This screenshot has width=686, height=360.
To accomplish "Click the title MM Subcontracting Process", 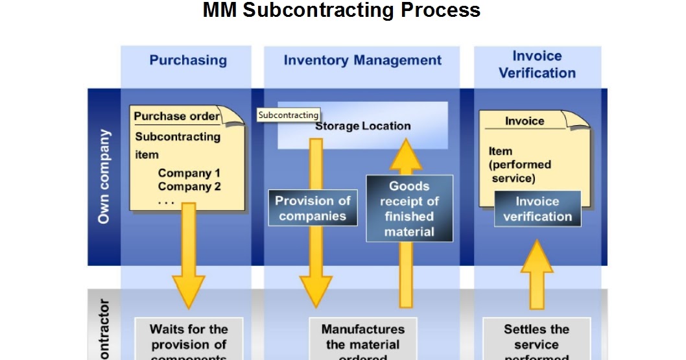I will click(x=342, y=11).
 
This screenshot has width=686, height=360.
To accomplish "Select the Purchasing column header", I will click(x=188, y=60).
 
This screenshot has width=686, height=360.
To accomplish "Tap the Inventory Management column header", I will click(x=362, y=60).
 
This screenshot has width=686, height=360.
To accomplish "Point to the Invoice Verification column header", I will click(x=537, y=65).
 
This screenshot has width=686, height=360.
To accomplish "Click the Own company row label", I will click(x=104, y=176).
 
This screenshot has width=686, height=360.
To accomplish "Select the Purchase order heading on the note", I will click(x=176, y=117).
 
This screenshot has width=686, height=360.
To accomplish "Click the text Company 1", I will click(x=189, y=173).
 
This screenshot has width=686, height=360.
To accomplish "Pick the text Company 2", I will click(x=189, y=187).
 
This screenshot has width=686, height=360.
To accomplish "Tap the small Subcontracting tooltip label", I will click(x=289, y=115).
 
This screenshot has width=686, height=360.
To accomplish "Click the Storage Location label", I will click(x=362, y=126).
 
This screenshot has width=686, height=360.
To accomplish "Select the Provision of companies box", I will click(x=313, y=208).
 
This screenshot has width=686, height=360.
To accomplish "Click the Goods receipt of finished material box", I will click(x=409, y=209).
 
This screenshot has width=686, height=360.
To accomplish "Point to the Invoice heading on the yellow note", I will click(x=525, y=121).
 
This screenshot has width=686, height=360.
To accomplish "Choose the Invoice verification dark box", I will click(x=538, y=209).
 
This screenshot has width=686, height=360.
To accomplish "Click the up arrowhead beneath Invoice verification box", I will click(x=537, y=256).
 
